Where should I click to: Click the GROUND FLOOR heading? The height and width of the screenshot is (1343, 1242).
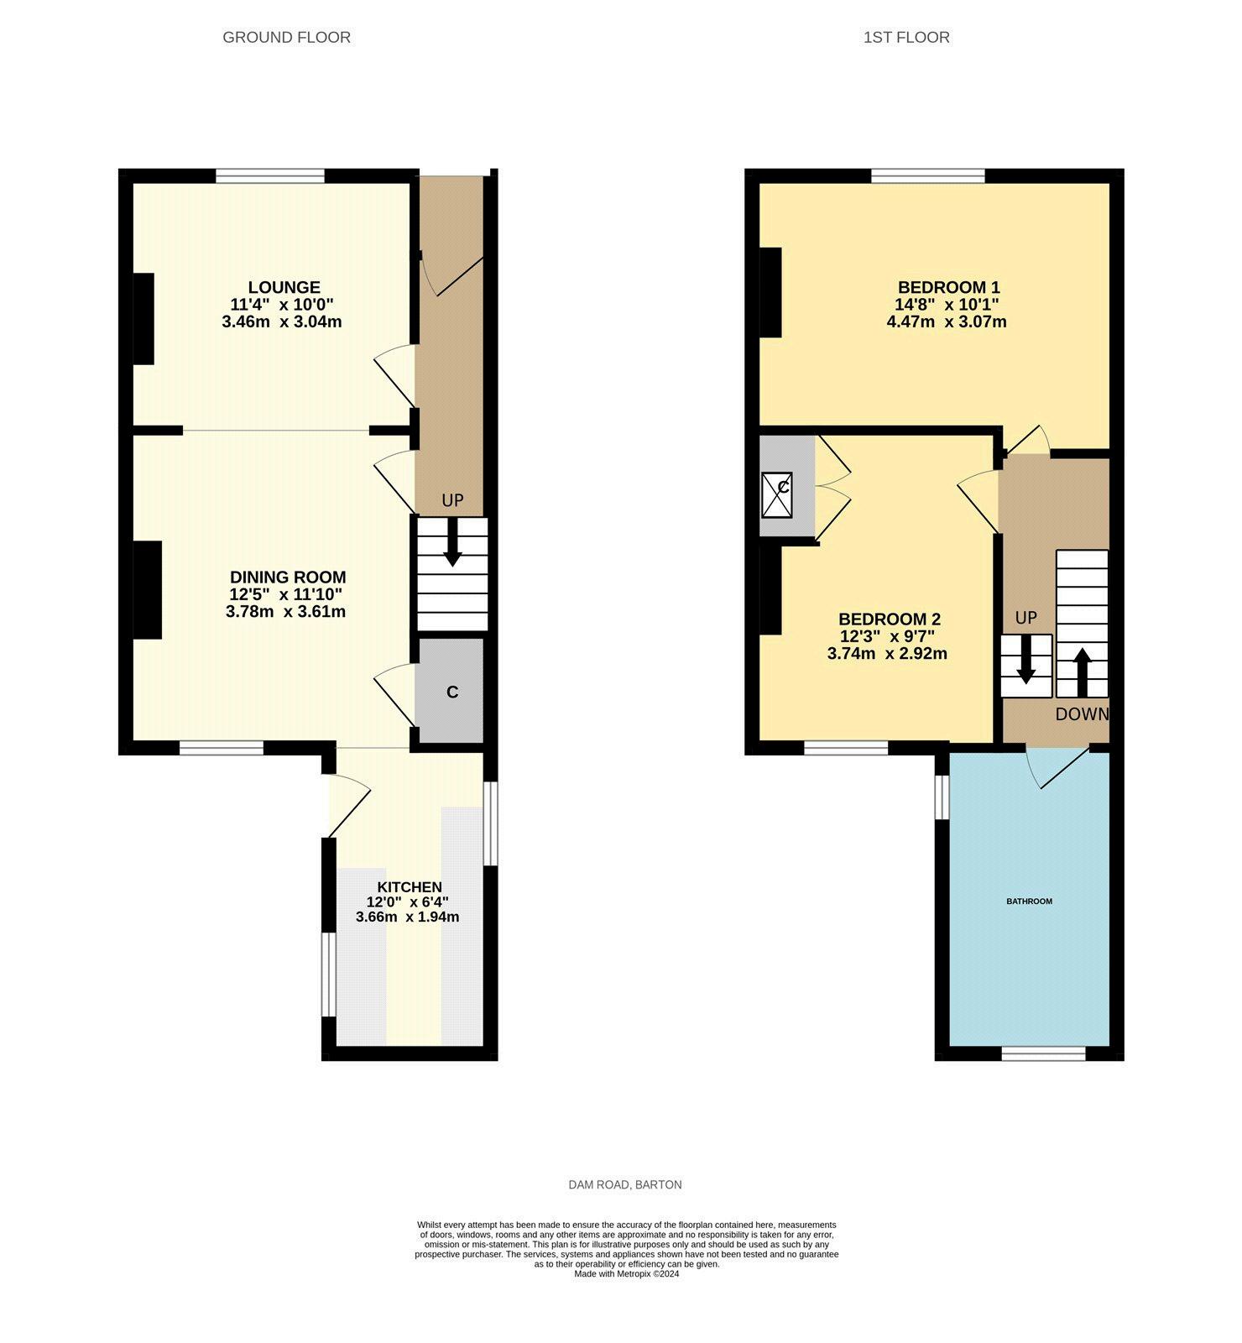(x=286, y=37)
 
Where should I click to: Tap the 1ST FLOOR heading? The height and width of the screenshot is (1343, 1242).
(x=906, y=37)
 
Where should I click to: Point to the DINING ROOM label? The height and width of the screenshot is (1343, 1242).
(x=288, y=577)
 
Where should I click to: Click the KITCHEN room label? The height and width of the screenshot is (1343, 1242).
(x=410, y=887)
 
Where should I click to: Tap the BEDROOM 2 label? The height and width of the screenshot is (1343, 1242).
(x=890, y=619)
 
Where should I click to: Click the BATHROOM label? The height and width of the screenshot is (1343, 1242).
(x=1029, y=901)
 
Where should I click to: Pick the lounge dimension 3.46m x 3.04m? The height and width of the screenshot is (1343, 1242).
(x=282, y=321)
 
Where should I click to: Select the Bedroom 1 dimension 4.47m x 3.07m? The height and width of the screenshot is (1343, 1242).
(x=947, y=321)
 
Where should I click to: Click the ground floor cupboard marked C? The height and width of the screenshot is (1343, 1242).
(x=451, y=692)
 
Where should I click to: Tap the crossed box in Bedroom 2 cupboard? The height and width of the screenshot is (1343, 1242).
(x=777, y=495)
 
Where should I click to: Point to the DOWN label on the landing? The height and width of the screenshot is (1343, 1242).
(x=1082, y=714)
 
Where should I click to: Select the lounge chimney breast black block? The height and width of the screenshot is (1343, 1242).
(x=144, y=319)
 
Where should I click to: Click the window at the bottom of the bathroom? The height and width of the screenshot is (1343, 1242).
(x=1044, y=1053)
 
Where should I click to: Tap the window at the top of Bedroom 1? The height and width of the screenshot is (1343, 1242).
(x=928, y=175)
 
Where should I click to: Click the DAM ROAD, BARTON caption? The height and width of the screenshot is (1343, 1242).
(x=625, y=1184)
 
